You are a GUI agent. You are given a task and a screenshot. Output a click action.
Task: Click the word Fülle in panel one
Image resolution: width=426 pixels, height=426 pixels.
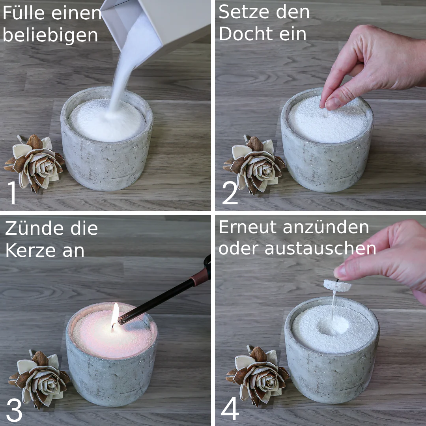pyautogui.click(x=24, y=13)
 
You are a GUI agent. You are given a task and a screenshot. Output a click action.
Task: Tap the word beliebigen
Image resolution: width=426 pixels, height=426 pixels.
pyautogui.click(x=50, y=35)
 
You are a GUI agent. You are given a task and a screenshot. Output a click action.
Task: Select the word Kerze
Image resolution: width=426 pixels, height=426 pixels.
pyautogui.click(x=31, y=250)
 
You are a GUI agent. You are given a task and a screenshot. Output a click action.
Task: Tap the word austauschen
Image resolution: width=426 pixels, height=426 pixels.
pyautogui.click(x=320, y=248)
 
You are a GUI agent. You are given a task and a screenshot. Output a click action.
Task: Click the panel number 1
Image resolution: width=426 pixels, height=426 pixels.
pyautogui.click(x=12, y=192)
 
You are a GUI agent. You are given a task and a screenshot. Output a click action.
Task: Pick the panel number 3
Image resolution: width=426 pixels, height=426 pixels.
pyautogui.click(x=14, y=410)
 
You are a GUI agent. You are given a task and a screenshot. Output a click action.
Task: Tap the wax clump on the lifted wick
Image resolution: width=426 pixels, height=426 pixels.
pyautogui.click(x=337, y=285)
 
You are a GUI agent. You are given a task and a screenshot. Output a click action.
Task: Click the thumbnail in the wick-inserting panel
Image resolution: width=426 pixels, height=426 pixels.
pyautogui.click(x=333, y=103)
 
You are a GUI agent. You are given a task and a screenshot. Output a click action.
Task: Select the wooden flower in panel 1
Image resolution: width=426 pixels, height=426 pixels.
pyautogui.click(x=34, y=163)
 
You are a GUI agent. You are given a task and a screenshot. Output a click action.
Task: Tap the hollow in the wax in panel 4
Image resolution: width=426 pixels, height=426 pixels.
pyautogui.click(x=333, y=326)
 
